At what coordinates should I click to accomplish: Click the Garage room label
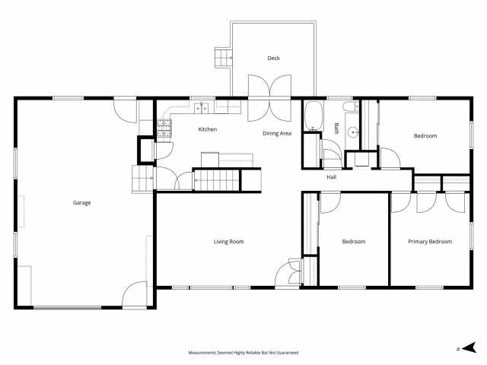click(82, 203)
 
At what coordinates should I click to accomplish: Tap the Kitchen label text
click(208, 129)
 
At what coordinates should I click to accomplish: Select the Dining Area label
click(277, 134)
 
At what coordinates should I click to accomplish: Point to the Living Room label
click(228, 242)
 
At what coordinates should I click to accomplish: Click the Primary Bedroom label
click(430, 242)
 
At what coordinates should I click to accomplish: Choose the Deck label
click(273, 59)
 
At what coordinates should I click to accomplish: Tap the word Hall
click(332, 177)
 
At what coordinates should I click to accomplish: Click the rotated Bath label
click(336, 129)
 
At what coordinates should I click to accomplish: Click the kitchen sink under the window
click(201, 107)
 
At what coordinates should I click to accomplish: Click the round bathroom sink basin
click(352, 132)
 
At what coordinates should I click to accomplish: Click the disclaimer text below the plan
click(243, 353)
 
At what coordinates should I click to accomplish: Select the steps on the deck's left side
click(223, 57)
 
